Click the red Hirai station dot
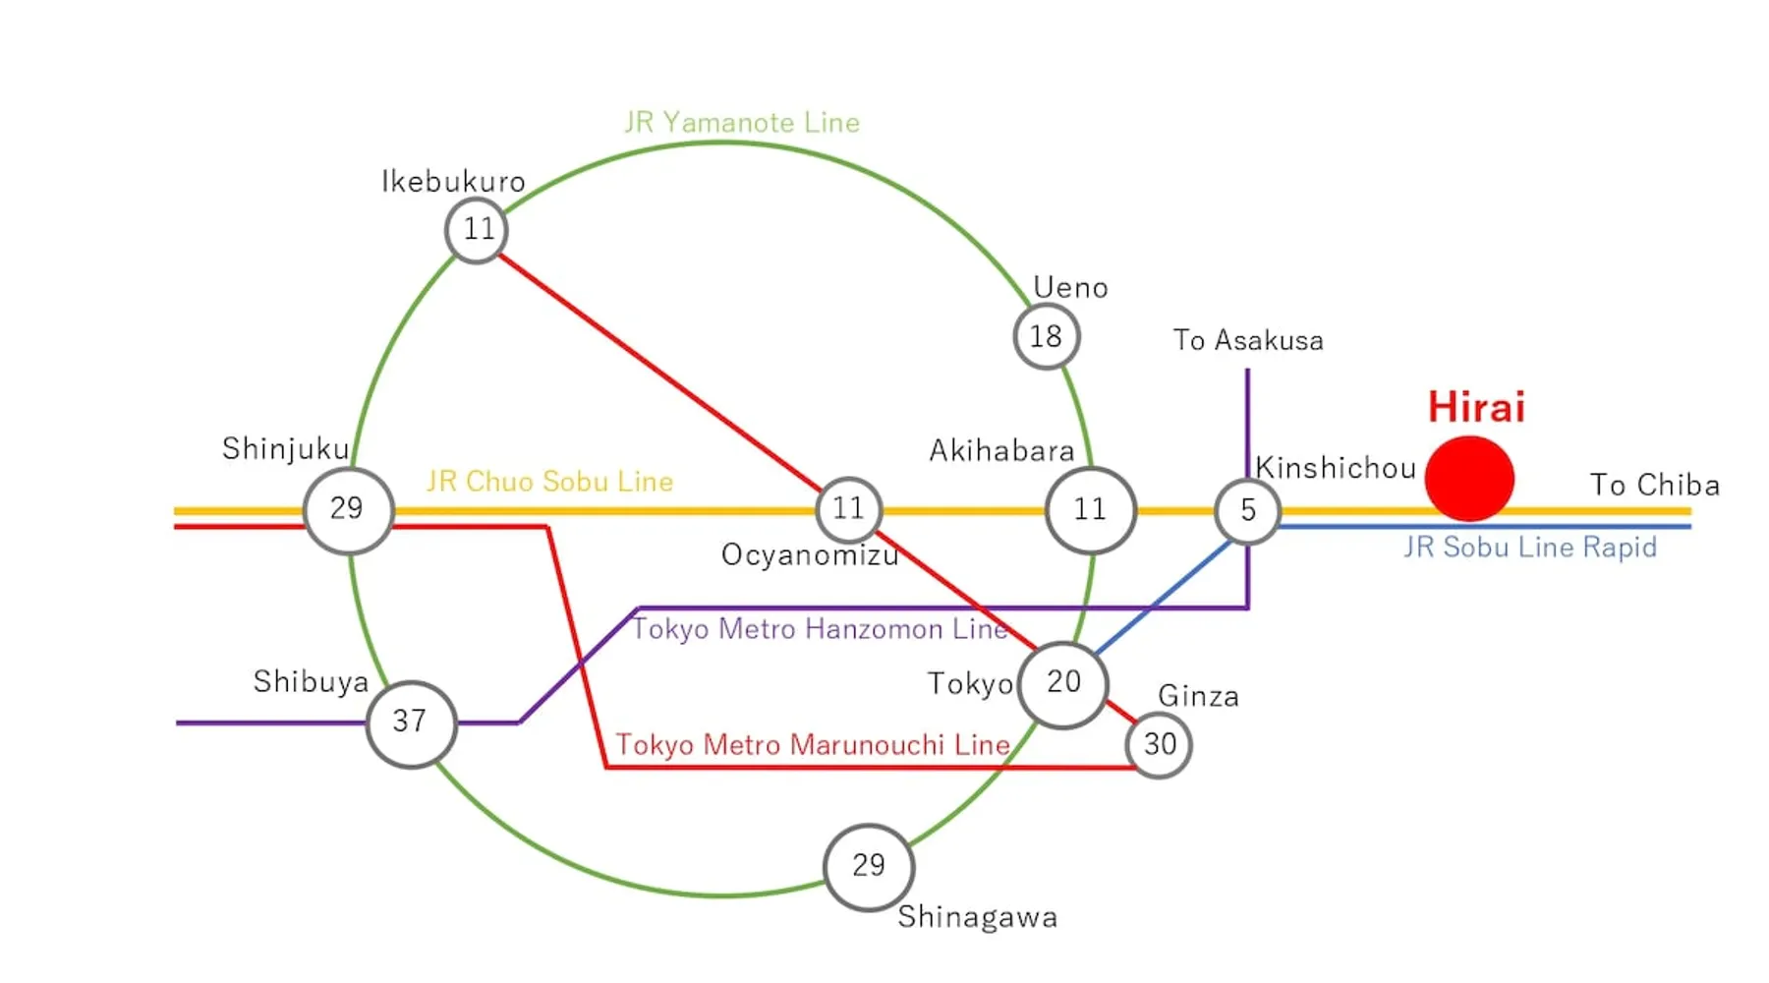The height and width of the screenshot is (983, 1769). pyautogui.click(x=1469, y=479)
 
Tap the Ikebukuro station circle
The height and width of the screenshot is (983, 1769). pyautogui.click(x=477, y=230)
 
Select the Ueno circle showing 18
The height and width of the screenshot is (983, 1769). pyautogui.click(x=1047, y=336)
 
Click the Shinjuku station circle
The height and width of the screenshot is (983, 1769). pyautogui.click(x=348, y=510)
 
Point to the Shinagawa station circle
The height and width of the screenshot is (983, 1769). pyautogui.click(x=869, y=867)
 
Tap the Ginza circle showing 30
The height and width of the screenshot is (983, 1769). pyautogui.click(x=1160, y=745)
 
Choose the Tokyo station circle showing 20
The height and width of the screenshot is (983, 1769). pyautogui.click(x=1063, y=683)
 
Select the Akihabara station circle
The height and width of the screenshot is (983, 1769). pyautogui.click(x=1090, y=510)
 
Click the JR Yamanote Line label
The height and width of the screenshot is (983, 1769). pyautogui.click(x=742, y=123)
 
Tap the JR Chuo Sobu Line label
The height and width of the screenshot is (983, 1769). pyautogui.click(x=549, y=482)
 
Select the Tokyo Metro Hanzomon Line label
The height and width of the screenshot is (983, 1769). pyautogui.click(x=820, y=629)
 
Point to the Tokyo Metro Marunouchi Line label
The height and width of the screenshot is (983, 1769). pyautogui.click(x=813, y=745)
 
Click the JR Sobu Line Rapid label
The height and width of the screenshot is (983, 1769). pyautogui.click(x=1530, y=548)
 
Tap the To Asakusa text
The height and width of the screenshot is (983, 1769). pyautogui.click(x=1248, y=341)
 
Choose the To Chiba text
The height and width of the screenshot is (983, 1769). pyautogui.click(x=1655, y=486)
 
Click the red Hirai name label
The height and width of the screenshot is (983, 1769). pyautogui.click(x=1476, y=407)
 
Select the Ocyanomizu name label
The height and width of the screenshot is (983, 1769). pyautogui.click(x=810, y=555)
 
